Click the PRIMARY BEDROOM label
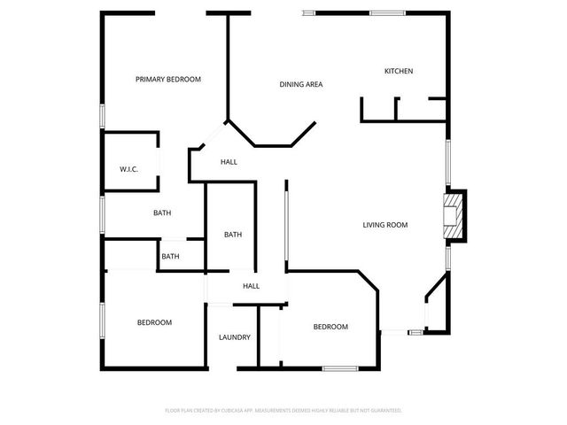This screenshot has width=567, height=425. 168,80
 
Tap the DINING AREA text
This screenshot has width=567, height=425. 301,85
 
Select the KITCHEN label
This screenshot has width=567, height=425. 399,72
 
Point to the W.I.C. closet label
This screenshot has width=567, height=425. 129,169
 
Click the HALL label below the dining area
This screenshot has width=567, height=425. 229,162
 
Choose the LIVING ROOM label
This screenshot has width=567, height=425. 385,225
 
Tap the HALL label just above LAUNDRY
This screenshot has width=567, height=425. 252,286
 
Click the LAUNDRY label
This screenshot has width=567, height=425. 235,337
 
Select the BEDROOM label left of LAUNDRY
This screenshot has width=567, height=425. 154,322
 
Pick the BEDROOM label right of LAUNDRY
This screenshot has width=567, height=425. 330,327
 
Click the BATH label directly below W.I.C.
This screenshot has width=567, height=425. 162,212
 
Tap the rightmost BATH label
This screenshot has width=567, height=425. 233,235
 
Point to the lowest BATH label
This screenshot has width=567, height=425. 170,257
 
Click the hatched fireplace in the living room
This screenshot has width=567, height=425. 454,216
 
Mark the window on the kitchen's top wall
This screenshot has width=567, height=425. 388,12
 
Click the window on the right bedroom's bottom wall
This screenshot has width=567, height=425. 339,367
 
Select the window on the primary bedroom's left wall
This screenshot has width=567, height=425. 103,116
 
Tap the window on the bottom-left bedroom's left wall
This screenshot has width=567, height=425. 103,321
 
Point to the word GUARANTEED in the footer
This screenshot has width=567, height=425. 382,411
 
